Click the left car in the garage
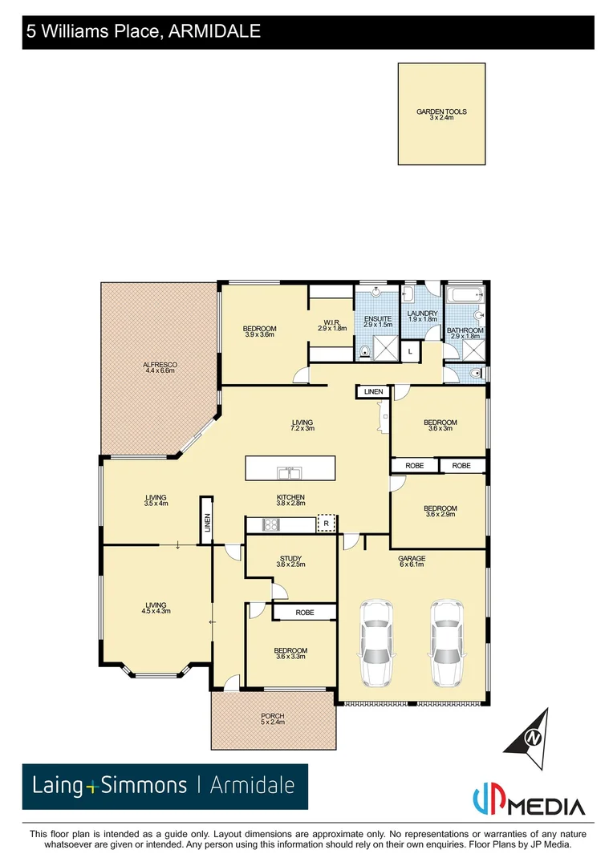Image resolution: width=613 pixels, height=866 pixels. tap(376, 642)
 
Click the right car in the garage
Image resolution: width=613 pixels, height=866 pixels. tap(446, 642)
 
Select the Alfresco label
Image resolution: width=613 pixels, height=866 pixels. tap(160, 367)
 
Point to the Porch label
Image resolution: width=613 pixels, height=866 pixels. tap(273, 718)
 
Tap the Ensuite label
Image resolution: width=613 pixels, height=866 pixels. tap(378, 322)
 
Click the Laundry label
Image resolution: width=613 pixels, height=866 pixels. tap(423, 316)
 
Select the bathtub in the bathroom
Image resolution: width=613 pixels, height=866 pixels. tap(464, 295)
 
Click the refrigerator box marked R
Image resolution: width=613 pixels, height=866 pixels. tap(327, 524)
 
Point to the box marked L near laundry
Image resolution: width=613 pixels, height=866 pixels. tap(410, 350)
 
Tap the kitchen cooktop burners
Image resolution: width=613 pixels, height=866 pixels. tap(271, 525)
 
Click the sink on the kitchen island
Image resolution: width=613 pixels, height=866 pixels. tap(286, 471)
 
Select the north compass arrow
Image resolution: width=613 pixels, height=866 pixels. tap(530, 733)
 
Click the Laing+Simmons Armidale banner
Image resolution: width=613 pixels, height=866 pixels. tap(164, 786)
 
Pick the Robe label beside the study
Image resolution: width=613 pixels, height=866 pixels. tap(304, 612)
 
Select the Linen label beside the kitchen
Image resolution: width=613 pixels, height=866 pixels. tap(207, 523)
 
